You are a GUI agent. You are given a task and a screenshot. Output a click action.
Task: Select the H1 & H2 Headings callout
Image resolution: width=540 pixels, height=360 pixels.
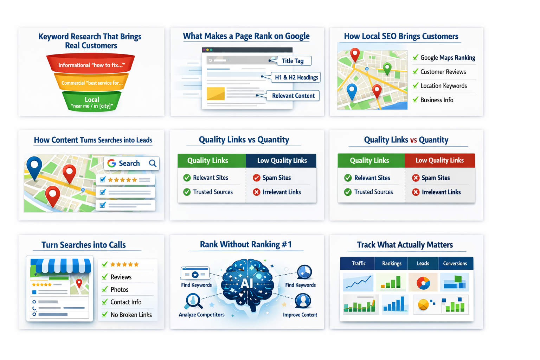coord(296,77)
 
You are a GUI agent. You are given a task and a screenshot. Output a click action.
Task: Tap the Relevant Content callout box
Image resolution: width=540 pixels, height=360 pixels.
coord(293,96)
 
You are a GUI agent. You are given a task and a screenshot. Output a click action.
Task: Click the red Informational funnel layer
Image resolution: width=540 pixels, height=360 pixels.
coord(91,64)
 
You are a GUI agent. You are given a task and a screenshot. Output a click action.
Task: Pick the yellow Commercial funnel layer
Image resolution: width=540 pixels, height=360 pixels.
coord(91,83)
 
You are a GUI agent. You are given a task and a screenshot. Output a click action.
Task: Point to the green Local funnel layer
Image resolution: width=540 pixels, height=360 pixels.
coord(92,102)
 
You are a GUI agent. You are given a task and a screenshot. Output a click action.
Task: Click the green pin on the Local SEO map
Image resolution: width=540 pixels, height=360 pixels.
coord(387,67)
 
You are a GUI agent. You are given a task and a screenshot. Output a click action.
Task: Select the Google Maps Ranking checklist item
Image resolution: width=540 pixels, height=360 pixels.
coord(448,58)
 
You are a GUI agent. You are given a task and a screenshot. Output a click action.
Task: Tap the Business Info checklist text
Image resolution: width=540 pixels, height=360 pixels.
coord(437,100)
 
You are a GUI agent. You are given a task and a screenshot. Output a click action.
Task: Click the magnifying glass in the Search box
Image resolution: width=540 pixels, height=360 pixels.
coord(153,163)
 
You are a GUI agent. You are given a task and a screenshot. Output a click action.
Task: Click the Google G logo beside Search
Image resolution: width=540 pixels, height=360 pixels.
coord(112,163)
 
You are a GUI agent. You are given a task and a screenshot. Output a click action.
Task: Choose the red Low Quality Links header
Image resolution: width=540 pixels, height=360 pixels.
coord(439,160)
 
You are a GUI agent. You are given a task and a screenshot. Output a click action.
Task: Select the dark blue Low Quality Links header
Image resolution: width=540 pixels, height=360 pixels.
coord(282,161)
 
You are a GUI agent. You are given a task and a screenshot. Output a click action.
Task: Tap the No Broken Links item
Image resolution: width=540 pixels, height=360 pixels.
coord(131,315)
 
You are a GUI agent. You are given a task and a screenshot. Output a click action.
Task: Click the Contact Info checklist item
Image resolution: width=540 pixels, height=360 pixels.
coord(126,302)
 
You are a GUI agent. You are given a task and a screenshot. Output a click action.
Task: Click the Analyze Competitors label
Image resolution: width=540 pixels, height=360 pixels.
coord(201,315)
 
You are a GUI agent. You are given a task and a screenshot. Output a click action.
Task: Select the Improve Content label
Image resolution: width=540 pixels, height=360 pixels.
coord(300,315)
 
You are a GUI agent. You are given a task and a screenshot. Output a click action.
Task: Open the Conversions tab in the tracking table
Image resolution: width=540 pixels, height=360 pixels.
coord(455,263)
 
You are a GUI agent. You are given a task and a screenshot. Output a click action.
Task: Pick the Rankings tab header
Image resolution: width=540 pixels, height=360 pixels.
coord(392,263)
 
